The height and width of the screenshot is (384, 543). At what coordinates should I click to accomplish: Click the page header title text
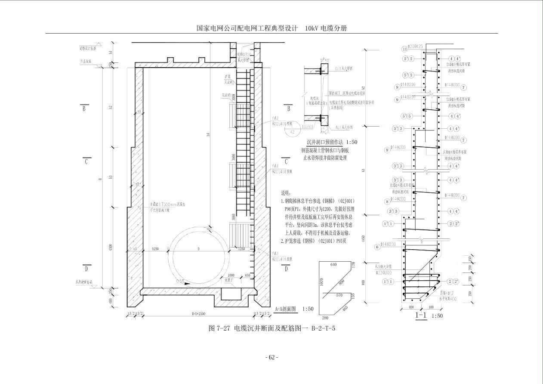point(271,28)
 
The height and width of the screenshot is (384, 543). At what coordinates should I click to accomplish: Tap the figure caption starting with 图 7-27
point(271,328)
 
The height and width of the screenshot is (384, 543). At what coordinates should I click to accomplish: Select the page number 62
point(271,357)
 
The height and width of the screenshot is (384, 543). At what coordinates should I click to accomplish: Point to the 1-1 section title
point(421,316)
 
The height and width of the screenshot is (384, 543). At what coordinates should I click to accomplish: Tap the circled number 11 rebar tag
point(404,49)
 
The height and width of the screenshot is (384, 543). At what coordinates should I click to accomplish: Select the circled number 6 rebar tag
point(377,247)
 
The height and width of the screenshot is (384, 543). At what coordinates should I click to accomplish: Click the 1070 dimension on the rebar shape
point(322,282)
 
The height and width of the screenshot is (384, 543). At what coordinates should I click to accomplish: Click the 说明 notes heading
point(286,193)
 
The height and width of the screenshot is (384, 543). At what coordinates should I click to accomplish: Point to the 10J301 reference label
point(308,127)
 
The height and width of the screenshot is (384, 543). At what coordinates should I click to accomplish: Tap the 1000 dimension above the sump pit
point(231,275)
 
